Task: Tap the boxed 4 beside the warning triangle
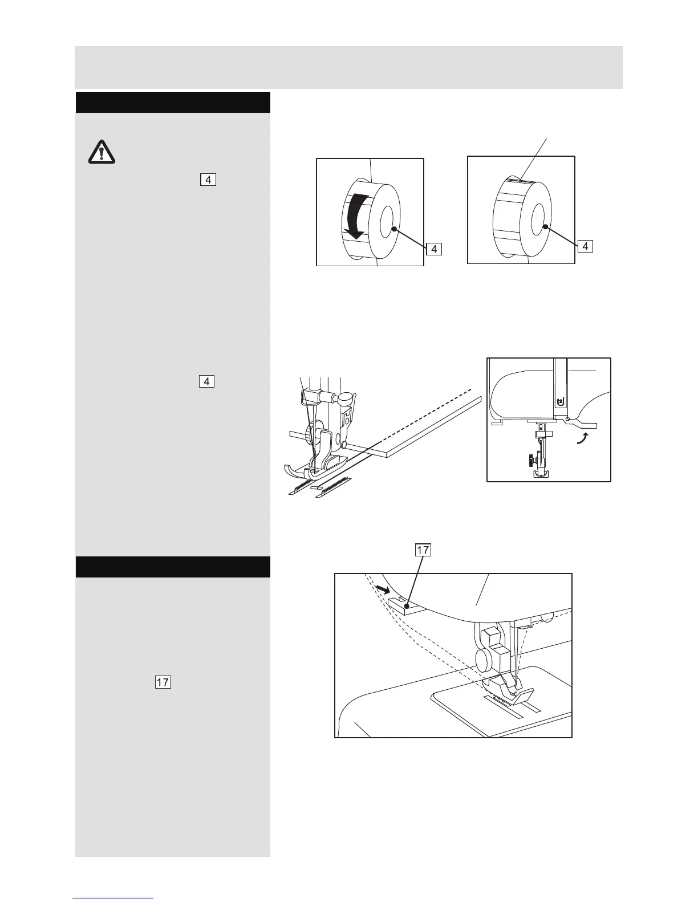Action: tap(208, 180)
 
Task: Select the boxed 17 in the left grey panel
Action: tap(163, 682)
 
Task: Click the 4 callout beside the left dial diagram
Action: tap(434, 249)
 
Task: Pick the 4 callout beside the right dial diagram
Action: tap(585, 246)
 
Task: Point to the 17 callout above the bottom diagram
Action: tap(423, 550)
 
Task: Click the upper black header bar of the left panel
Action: tap(173, 102)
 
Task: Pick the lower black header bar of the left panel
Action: tap(173, 567)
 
